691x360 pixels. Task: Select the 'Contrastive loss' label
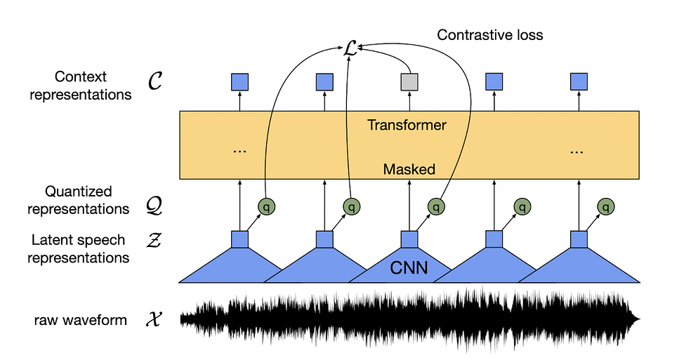[489, 34]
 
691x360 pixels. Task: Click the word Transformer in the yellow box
[407, 126]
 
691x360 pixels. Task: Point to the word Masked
[409, 169]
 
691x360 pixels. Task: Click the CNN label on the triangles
[409, 267]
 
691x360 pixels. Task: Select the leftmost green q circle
[266, 207]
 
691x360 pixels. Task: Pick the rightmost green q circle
[605, 207]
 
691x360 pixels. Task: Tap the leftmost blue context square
[239, 82]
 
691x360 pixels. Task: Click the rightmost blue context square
[578, 82]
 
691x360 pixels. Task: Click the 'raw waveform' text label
[81, 321]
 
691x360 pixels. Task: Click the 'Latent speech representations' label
[78, 248]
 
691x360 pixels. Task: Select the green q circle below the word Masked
[435, 207]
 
